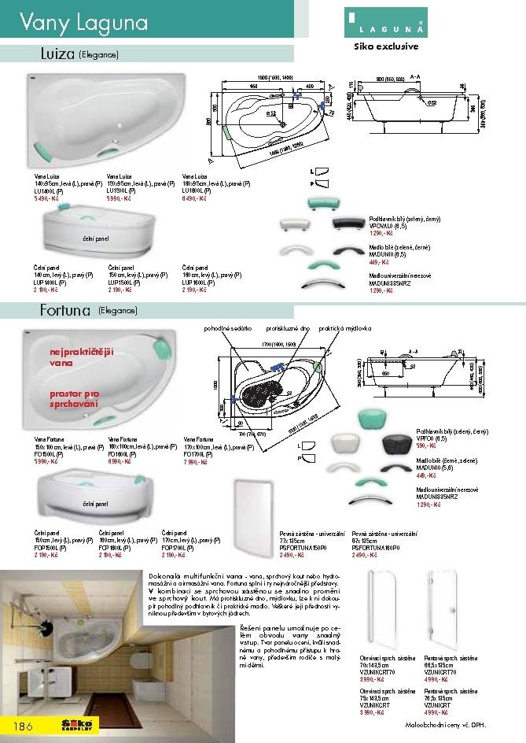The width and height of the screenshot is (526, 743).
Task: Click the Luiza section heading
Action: (57, 54)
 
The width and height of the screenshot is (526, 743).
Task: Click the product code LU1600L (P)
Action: (197, 190)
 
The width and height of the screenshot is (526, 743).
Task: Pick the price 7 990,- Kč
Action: (197, 462)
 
